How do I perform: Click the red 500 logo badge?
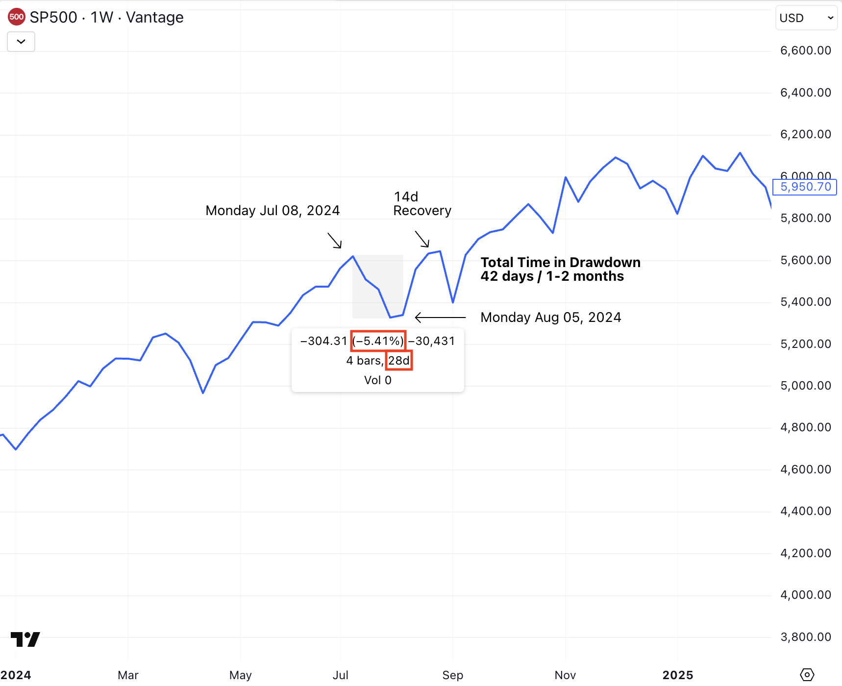point(16,17)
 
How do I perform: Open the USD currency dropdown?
point(806,18)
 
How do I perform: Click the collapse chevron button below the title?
point(21,42)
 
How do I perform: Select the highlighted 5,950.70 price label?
point(805,187)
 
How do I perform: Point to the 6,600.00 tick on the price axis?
point(805,50)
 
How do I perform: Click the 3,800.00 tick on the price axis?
point(805,637)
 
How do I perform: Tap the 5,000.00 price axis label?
point(805,386)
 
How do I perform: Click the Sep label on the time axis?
point(452,675)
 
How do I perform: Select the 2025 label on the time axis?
point(677,675)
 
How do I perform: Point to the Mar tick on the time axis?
point(128,675)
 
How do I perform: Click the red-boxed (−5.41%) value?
point(378,341)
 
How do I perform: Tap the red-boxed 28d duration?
point(399,361)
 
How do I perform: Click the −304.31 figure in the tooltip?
point(323,341)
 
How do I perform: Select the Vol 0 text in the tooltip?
point(377,380)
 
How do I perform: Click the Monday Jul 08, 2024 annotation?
point(272,211)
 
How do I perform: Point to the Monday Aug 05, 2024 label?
point(550,318)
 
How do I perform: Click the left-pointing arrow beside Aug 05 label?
point(440,318)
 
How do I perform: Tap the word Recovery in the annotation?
point(422,211)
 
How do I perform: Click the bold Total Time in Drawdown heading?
point(560,263)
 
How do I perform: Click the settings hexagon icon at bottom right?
point(807,675)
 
